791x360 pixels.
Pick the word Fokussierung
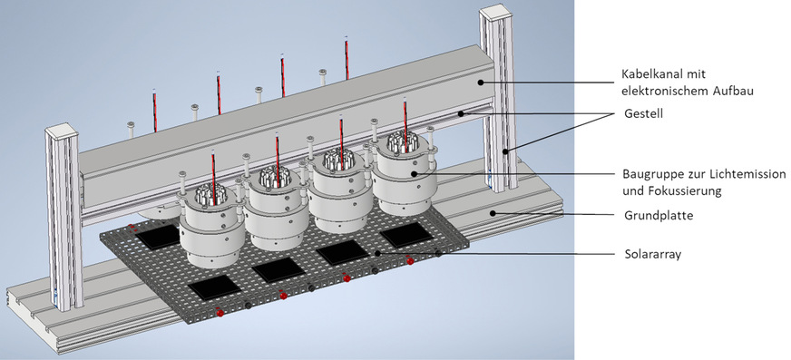[681, 190]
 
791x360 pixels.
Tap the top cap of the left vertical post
[63, 132]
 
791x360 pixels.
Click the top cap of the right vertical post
[497, 12]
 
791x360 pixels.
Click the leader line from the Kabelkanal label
[544, 82]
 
